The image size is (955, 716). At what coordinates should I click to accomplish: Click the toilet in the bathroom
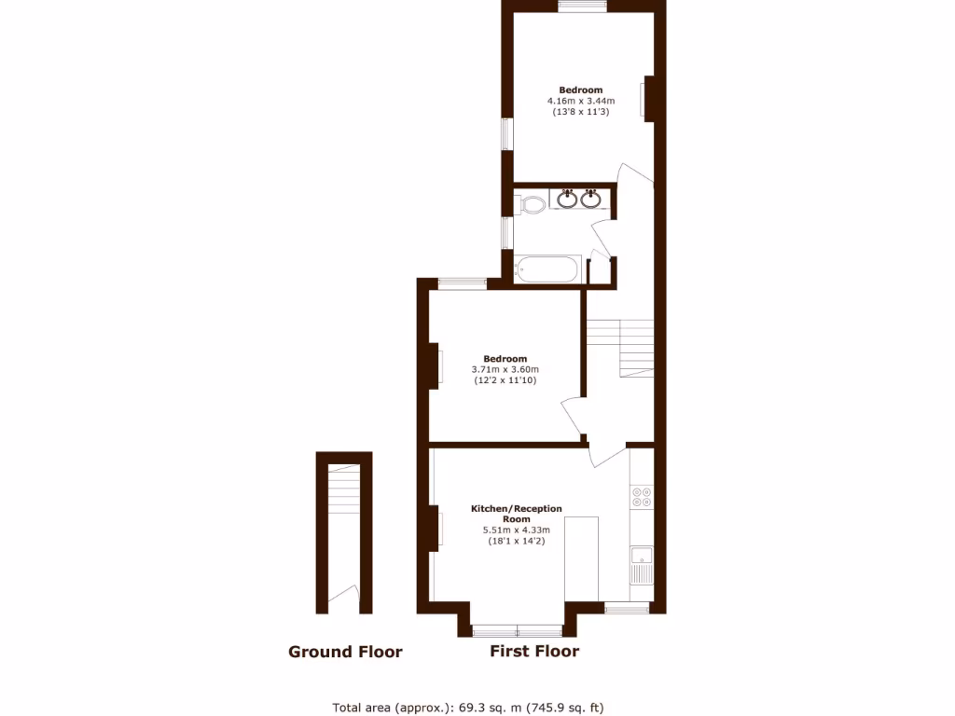[x=532, y=203]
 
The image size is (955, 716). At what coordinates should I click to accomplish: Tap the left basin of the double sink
[x=567, y=199]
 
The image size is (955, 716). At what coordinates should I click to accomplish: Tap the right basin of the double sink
[x=589, y=199]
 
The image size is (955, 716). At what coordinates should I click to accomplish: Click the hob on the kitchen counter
[x=642, y=497]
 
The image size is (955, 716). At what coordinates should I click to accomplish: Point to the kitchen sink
[x=642, y=563]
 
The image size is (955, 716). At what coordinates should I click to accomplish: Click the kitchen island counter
[x=582, y=558]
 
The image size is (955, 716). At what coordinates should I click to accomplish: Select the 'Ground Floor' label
[x=345, y=652]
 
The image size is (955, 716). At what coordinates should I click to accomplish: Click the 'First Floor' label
[x=534, y=651]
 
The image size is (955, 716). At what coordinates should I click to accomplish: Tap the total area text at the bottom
[x=475, y=707]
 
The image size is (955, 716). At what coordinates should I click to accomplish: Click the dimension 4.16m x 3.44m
[x=574, y=101]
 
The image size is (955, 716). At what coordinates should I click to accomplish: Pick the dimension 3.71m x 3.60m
[x=505, y=369]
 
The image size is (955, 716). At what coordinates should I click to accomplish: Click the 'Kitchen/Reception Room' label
[x=516, y=514]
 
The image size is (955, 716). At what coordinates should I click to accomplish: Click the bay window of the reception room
[x=518, y=629]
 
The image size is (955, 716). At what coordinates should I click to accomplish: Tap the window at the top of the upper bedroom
[x=582, y=7]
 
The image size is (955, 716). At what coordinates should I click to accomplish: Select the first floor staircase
[x=621, y=345]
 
